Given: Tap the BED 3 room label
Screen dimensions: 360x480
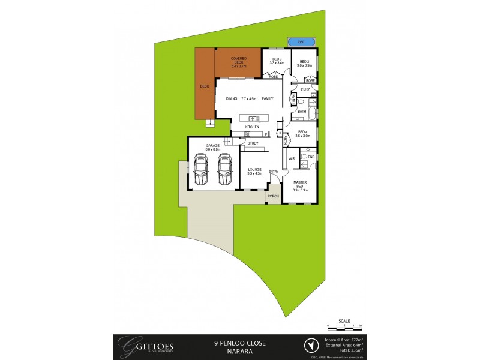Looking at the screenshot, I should [277, 59].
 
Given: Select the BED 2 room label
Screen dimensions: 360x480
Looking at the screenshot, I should [304, 61].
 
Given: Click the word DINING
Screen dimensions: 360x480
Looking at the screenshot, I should [232, 98].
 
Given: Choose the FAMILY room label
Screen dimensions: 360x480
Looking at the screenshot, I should [268, 98].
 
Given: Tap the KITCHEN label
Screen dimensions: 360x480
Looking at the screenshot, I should [252, 127].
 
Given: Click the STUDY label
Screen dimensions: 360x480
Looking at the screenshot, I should [253, 143].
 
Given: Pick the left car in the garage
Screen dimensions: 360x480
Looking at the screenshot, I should [200, 170].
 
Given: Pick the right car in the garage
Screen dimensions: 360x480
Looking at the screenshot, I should [224, 170].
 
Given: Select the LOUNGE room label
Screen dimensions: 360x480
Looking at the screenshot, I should [255, 170].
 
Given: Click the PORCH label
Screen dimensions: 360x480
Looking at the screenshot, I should [273, 196].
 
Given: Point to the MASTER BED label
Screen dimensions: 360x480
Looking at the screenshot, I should [300, 184].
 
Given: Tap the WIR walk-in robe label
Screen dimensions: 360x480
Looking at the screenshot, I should [291, 158].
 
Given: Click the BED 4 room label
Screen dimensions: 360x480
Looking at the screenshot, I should [302, 132].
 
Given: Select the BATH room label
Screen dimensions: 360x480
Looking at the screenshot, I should [302, 111].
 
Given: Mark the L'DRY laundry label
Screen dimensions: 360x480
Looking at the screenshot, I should [305, 89].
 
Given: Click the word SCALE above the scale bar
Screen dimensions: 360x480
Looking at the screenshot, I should [344, 320].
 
